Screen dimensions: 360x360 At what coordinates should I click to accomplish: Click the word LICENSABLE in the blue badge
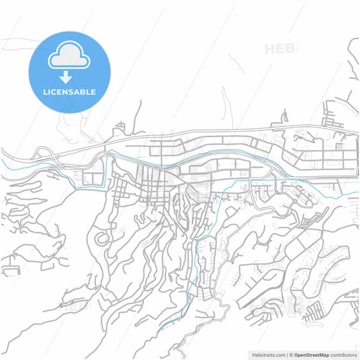pos(69,92)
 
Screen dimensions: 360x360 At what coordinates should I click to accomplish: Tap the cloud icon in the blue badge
pos(69,58)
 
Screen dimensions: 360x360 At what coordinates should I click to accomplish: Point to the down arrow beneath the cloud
pos(69,76)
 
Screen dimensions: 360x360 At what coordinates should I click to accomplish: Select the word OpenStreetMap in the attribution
pos(313,354)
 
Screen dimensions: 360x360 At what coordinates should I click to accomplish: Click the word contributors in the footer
pos(344,354)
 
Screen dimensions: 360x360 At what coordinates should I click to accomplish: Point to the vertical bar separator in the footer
pos(286,354)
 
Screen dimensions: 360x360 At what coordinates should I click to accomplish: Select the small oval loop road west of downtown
pos(103,239)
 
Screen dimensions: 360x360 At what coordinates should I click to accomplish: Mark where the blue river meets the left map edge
pos(2,161)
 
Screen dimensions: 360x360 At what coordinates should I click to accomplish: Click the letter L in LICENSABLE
pos(45,92)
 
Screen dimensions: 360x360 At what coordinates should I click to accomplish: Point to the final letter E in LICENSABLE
pos(93,92)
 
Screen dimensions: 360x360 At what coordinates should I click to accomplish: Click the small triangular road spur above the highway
pos(120,126)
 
